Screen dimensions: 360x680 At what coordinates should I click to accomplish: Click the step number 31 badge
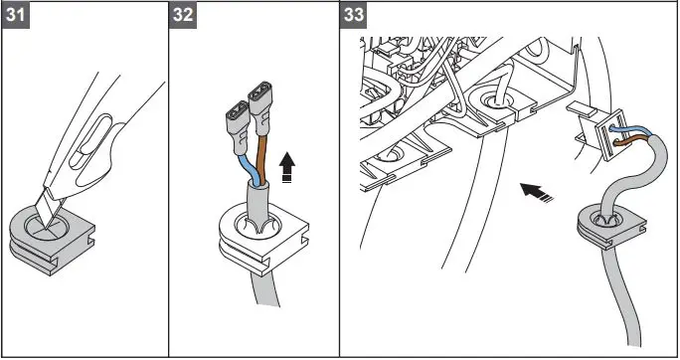[x=16, y=16]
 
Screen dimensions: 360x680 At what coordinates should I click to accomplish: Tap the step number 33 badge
[x=354, y=16]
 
